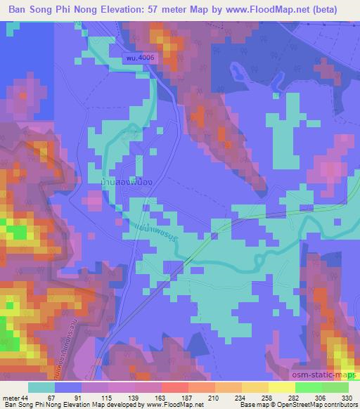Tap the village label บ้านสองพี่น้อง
pyautogui.click(x=127, y=181)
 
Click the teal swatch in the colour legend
pyautogui.click(x=41, y=387)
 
